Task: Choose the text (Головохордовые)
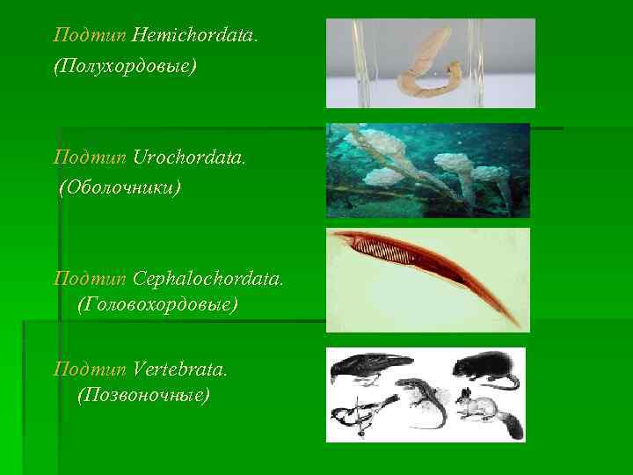(x=157, y=305)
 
